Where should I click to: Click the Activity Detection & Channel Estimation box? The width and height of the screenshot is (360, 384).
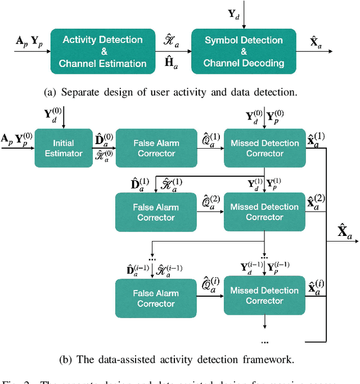pyautogui.click(x=102, y=51)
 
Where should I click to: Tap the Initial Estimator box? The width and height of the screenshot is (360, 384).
pyautogui.click(x=63, y=148)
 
